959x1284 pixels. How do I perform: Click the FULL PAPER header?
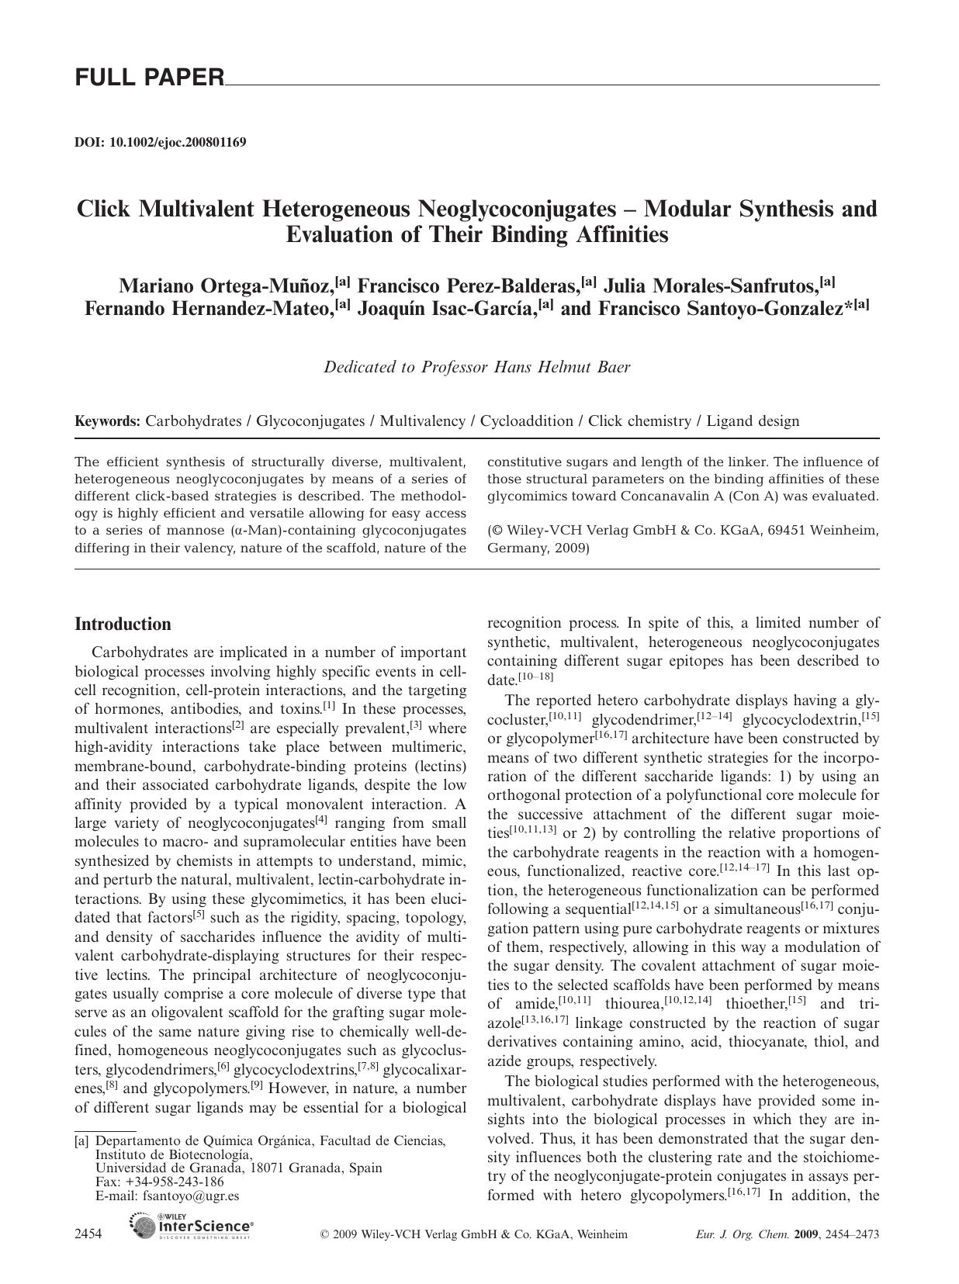149,78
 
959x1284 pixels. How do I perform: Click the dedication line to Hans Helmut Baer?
476,367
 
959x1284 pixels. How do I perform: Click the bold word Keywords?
107,421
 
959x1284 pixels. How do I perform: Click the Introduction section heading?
123,625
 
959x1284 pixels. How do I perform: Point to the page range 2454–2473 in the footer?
851,1234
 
